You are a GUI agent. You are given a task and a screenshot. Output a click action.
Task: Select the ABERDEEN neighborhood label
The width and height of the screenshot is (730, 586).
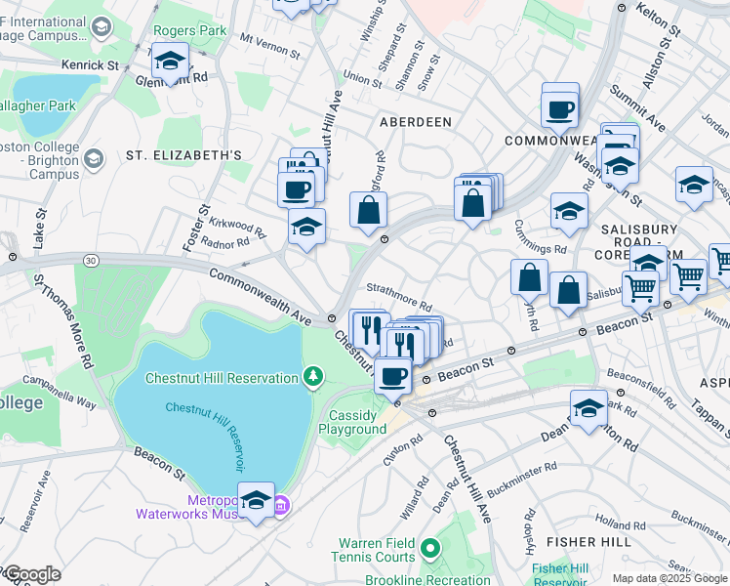(x=416, y=121)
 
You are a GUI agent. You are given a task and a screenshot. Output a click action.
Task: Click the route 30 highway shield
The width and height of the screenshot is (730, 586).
(x=90, y=260)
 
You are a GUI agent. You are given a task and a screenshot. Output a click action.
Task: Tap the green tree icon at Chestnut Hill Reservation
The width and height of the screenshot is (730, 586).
(x=312, y=376)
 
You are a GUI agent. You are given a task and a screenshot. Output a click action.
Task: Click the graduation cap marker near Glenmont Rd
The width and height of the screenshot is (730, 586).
(x=170, y=62)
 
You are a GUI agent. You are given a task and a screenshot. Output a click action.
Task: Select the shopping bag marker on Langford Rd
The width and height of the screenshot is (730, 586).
(x=369, y=211)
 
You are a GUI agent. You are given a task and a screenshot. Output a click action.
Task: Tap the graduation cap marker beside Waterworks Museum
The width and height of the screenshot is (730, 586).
(x=256, y=501)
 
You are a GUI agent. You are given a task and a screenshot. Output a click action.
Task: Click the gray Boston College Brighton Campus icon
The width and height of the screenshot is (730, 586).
(x=95, y=157)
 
